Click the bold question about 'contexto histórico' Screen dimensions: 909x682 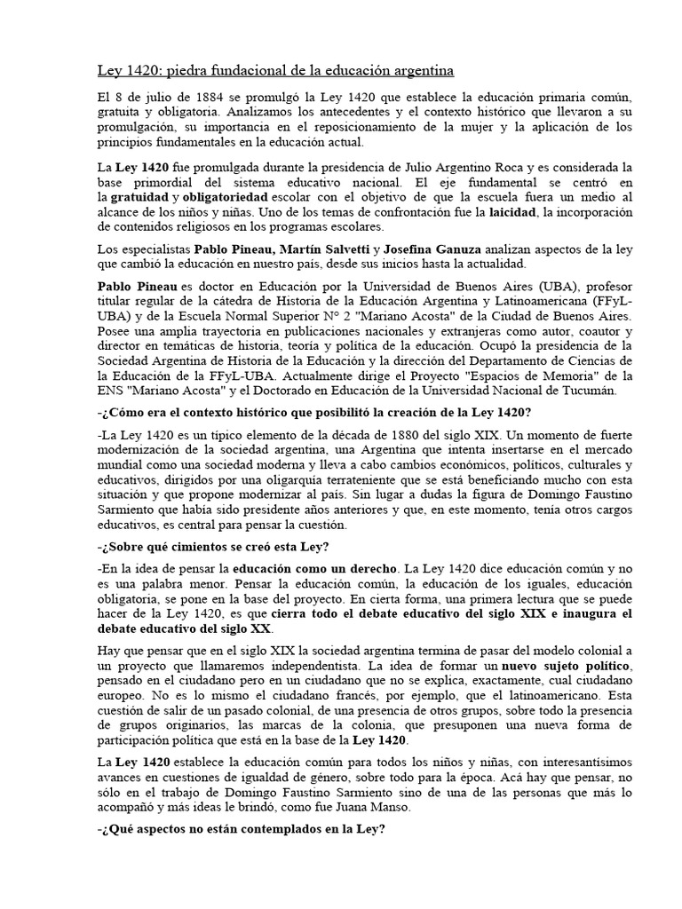click(314, 414)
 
